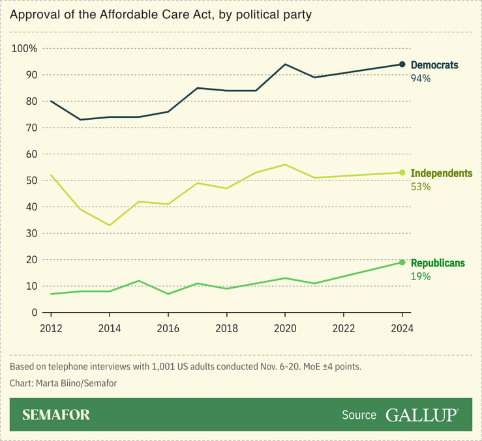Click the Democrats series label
click(434, 65)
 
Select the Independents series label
click(441, 173)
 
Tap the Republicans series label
click(438, 263)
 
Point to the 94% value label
click(421, 78)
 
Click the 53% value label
click(421, 187)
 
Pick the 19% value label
click(420, 276)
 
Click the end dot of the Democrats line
click(402, 64)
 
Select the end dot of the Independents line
click(402, 173)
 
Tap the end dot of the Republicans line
click(402, 263)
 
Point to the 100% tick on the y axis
click(25, 49)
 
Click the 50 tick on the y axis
click(31, 180)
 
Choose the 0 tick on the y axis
click(34, 313)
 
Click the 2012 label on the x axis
click(51, 328)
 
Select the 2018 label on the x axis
click(226, 328)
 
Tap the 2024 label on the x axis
click(402, 328)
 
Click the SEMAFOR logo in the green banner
click(56, 415)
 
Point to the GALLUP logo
click(422, 415)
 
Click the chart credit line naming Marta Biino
click(63, 383)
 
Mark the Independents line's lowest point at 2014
click(110, 225)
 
